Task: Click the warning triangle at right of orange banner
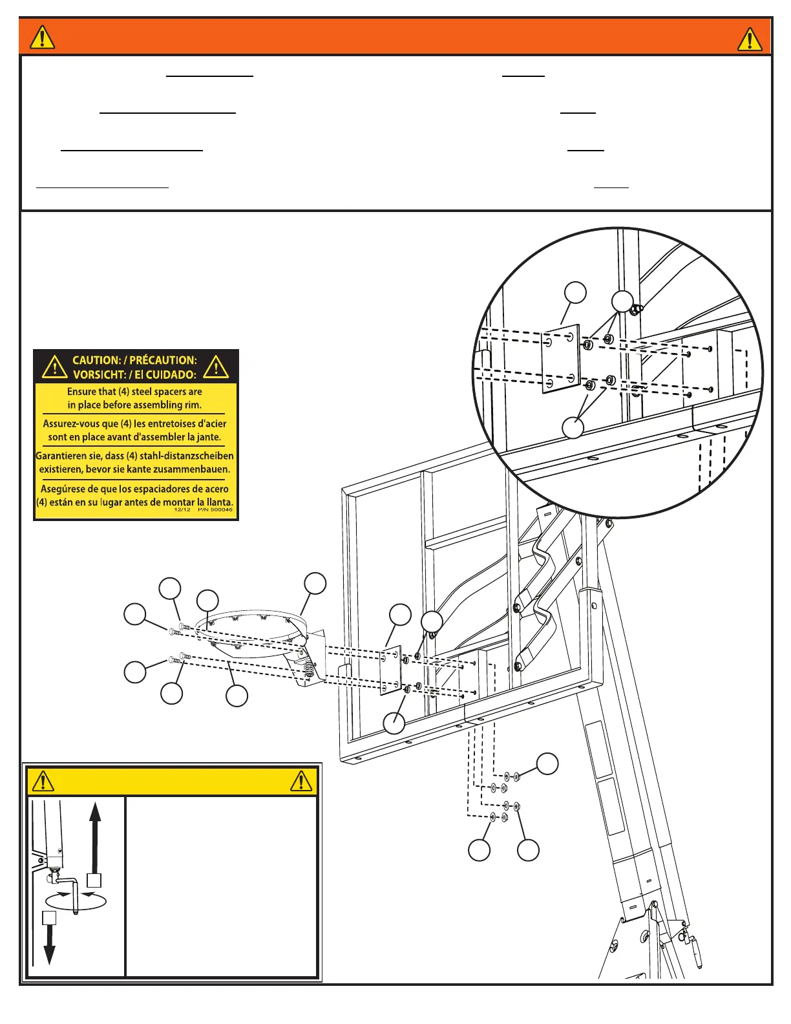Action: (750, 39)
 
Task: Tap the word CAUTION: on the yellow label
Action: (96, 360)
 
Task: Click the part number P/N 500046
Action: (215, 509)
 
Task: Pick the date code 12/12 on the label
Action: (182, 509)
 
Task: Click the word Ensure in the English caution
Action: (82, 392)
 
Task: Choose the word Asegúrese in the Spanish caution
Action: (63, 489)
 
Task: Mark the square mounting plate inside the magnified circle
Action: (560, 359)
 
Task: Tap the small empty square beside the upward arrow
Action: (94, 880)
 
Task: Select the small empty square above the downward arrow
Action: (49, 918)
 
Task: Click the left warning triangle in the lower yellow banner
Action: (43, 781)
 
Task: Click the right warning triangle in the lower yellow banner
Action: (301, 781)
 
